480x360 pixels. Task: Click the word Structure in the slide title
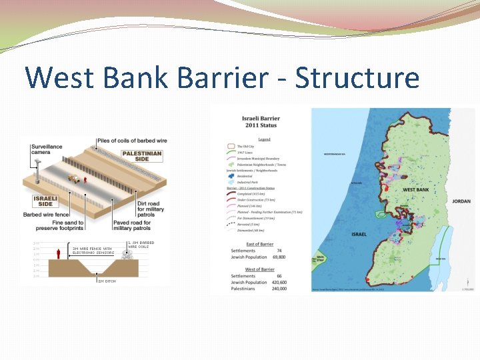pos(357,77)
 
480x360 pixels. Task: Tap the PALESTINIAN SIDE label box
pos(141,157)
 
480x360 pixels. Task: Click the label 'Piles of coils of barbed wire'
pos(132,141)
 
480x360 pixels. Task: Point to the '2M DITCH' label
pos(107,281)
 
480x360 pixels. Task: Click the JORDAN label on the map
pos(461,201)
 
